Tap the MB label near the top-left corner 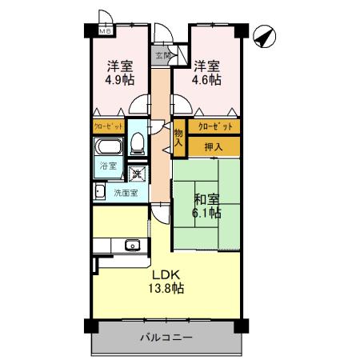[104, 31]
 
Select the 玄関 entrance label [162, 56]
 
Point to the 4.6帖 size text [206, 81]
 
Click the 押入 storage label [214, 146]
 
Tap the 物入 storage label [178, 138]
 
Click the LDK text [166, 274]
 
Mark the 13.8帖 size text [166, 288]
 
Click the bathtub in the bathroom [108, 149]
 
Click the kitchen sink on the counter [132, 245]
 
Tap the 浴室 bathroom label [108, 167]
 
